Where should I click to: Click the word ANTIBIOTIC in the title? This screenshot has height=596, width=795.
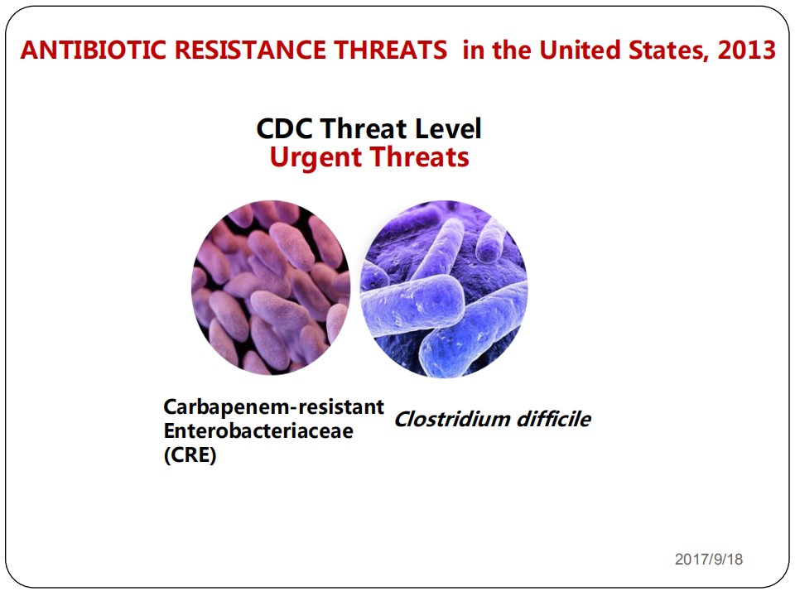(x=94, y=50)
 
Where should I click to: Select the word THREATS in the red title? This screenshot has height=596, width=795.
(x=390, y=50)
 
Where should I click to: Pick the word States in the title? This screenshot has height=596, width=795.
(x=669, y=50)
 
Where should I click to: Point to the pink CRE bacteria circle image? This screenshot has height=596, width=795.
(x=271, y=288)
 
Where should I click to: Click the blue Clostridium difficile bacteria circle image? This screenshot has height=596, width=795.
(x=444, y=289)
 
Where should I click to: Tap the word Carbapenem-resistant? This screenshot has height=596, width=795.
(x=274, y=407)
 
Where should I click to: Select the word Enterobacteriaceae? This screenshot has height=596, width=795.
(x=258, y=430)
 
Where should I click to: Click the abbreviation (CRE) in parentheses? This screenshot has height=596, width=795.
(x=190, y=455)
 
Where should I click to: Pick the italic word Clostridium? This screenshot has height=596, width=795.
(x=452, y=419)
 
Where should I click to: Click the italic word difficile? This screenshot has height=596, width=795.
(x=554, y=419)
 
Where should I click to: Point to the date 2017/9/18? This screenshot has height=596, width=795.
(x=709, y=559)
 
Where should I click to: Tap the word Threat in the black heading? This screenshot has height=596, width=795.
(x=364, y=129)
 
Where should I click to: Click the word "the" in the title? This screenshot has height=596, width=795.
(x=512, y=50)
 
